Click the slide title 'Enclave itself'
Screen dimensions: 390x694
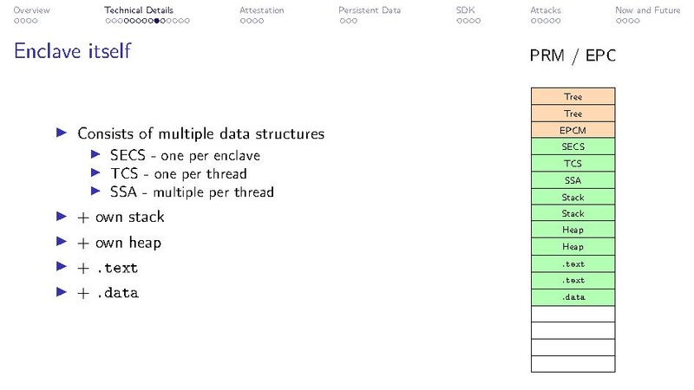click(72, 51)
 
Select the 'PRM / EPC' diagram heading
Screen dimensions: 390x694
click(573, 56)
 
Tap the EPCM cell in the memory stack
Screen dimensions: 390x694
click(573, 130)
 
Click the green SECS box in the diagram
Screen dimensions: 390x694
click(573, 146)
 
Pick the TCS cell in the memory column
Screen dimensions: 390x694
click(573, 163)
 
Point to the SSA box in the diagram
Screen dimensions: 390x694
click(573, 179)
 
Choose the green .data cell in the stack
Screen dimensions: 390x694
click(573, 296)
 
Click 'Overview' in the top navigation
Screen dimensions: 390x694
click(31, 10)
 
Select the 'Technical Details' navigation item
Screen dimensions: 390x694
click(138, 10)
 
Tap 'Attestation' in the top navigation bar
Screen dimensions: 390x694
click(261, 10)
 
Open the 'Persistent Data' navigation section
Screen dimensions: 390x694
click(371, 10)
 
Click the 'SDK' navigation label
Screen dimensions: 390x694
click(465, 10)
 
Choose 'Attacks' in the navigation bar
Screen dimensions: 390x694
click(546, 10)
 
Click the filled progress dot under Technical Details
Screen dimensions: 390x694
click(156, 20)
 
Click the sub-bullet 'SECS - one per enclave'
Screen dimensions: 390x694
click(185, 156)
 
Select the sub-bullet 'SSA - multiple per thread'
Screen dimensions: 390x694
click(192, 192)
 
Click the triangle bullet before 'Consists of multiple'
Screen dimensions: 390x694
click(61, 133)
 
